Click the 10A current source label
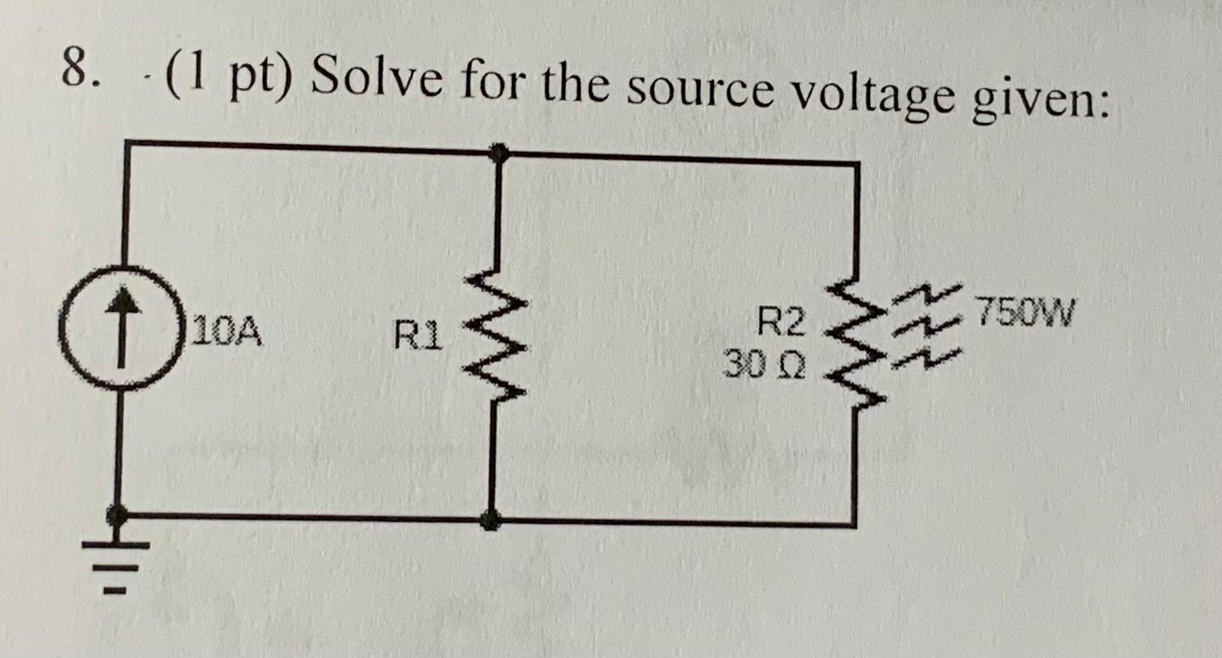228,332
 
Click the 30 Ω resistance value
766,361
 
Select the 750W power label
1026,309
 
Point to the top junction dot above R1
498,154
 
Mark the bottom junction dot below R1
492,520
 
